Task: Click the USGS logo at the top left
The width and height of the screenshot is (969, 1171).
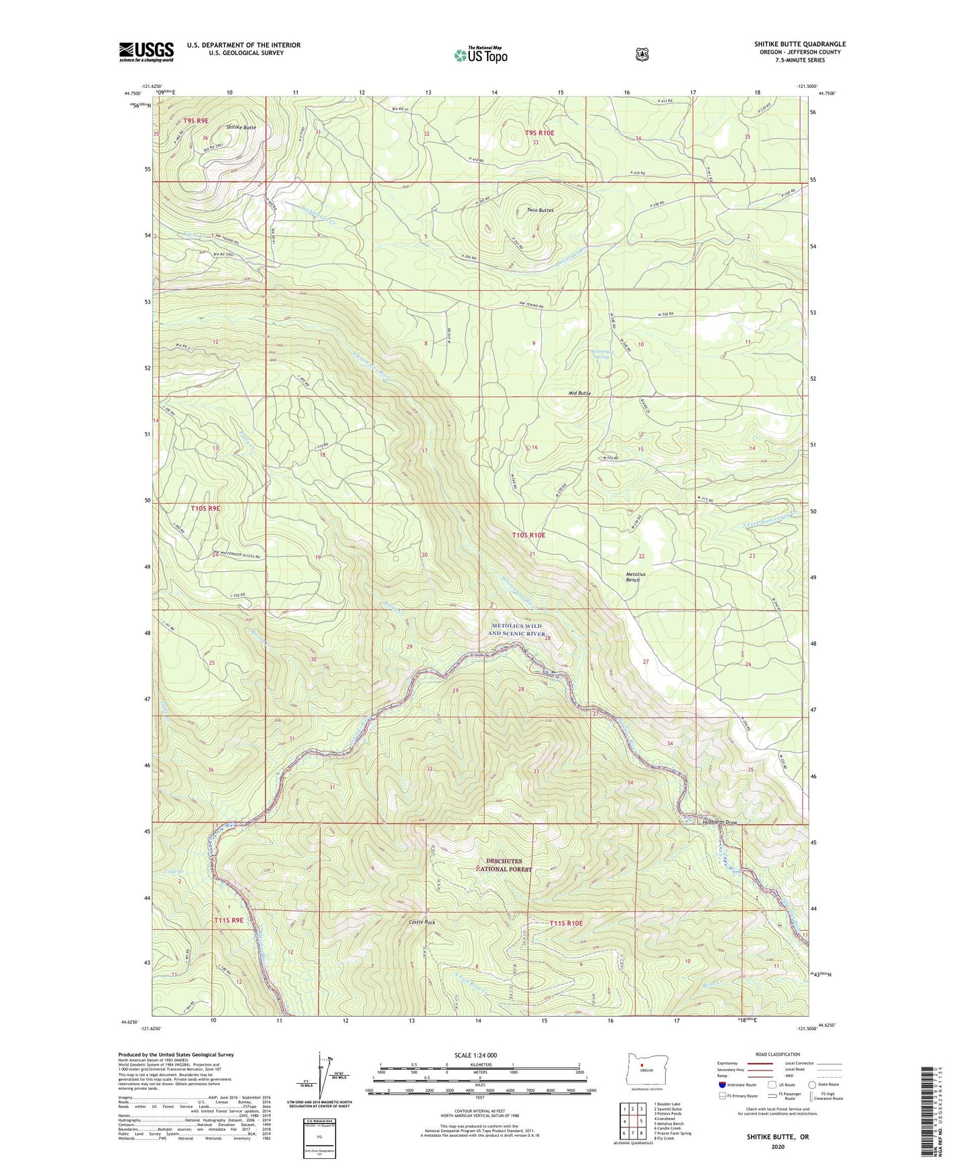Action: click(x=146, y=52)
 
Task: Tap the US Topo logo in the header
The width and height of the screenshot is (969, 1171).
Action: click(x=479, y=54)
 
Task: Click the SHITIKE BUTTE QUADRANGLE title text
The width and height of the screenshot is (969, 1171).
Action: click(x=799, y=44)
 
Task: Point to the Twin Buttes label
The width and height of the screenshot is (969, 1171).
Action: click(x=540, y=210)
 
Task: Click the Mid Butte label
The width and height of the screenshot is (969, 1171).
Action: click(x=579, y=393)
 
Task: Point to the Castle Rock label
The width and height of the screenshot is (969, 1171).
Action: click(x=422, y=922)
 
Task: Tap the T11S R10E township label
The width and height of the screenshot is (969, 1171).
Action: click(x=566, y=924)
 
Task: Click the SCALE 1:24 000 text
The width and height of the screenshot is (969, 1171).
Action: click(x=475, y=1055)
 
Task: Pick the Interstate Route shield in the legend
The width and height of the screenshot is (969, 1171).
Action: click(x=722, y=1084)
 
